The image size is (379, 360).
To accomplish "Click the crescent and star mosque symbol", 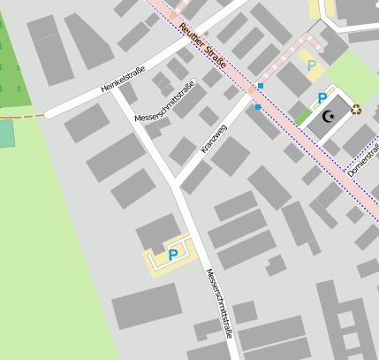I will pyautogui.click(x=330, y=116).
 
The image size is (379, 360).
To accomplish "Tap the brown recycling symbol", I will pyautogui.click(x=356, y=110).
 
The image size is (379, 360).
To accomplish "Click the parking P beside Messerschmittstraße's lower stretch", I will pyautogui.click(x=173, y=255).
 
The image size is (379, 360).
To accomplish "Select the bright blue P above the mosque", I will pyautogui.click(x=322, y=97).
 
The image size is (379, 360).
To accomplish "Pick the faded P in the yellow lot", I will pyautogui.click(x=311, y=64).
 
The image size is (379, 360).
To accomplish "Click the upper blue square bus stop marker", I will pyautogui.click(x=261, y=86).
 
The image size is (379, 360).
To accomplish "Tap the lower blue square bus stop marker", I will pyautogui.click(x=257, y=107).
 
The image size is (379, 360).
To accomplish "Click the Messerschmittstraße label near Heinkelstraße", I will pyautogui.click(x=164, y=102).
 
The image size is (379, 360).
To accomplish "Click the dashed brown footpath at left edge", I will pyautogui.click(x=22, y=116).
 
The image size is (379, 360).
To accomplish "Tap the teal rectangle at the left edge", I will pyautogui.click(x=6, y=134).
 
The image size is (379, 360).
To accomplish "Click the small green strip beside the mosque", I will pyautogui.click(x=302, y=117).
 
